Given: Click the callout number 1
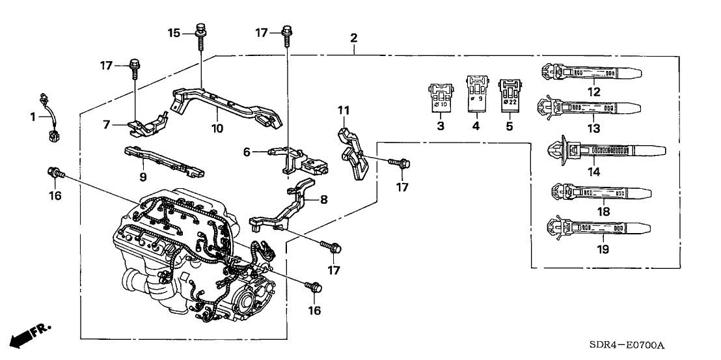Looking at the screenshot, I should coord(31,117).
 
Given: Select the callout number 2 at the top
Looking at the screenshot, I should coord(353,38).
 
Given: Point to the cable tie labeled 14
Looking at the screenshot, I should coord(599,151).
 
